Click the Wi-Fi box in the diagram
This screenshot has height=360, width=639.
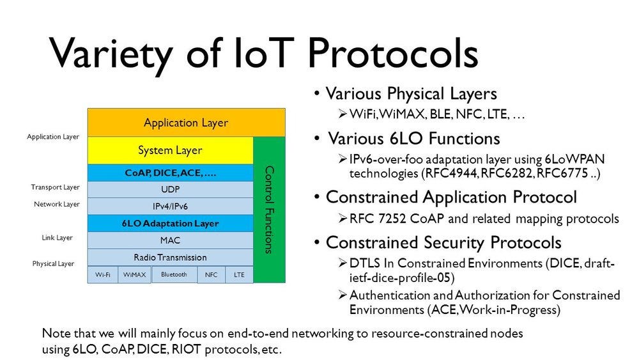(103, 275)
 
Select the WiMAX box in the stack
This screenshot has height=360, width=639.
(134, 275)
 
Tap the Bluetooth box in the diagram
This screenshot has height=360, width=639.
(174, 274)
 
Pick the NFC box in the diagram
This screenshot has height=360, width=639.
(211, 275)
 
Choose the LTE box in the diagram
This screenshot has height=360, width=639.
(239, 275)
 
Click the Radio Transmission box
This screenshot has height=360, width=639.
(171, 258)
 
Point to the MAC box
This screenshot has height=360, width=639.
(171, 240)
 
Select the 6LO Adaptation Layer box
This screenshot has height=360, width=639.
(171, 223)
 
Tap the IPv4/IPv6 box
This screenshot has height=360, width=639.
(171, 207)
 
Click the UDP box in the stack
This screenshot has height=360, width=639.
(171, 189)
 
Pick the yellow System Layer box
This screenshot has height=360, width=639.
(171, 150)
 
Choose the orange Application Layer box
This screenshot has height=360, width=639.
(186, 122)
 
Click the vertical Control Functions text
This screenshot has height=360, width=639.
(269, 210)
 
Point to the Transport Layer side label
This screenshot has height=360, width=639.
(56, 187)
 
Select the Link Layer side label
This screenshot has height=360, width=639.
(57, 238)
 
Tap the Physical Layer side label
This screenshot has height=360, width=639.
(54, 264)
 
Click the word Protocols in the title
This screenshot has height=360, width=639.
(392, 53)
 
